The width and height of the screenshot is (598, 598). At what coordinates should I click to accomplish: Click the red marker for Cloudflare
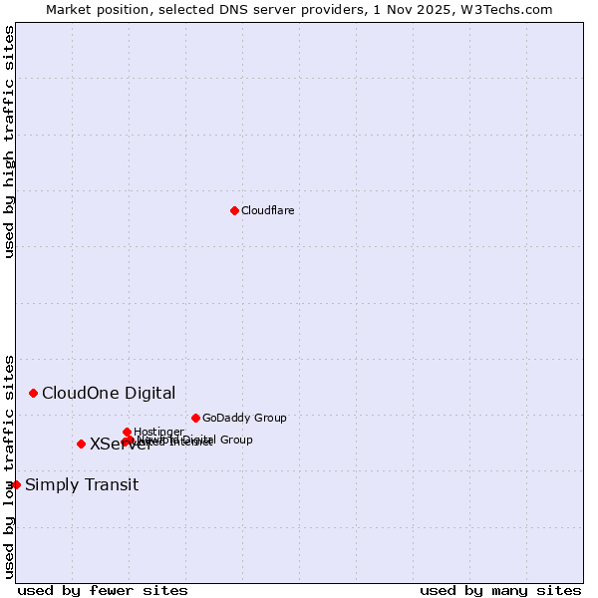(234, 210)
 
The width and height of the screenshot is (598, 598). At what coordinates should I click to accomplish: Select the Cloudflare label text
(267, 210)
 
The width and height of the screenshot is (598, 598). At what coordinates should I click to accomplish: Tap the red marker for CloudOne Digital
(33, 393)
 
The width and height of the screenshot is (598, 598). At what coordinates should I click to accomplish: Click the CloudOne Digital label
(109, 393)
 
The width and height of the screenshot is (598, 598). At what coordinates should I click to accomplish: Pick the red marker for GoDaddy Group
(195, 418)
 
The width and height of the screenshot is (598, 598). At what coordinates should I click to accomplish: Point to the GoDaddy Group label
(244, 418)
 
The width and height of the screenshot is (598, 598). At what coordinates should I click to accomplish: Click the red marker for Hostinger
(127, 432)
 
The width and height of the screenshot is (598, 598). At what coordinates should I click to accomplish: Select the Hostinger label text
(158, 432)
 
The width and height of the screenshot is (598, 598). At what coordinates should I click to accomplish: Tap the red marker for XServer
(81, 444)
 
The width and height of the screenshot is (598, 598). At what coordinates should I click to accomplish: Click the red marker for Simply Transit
(16, 484)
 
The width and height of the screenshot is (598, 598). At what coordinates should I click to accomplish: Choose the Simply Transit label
(82, 485)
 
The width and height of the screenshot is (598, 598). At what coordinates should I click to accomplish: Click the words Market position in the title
(92, 9)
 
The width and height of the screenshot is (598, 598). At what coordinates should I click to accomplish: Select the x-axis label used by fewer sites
(103, 590)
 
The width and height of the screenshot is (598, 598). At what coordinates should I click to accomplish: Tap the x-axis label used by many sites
(500, 590)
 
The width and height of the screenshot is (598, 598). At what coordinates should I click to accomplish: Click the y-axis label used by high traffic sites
(9, 142)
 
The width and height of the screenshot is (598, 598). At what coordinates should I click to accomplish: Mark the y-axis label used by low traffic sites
(9, 465)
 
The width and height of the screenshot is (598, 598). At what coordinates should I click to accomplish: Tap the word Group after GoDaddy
(269, 418)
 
